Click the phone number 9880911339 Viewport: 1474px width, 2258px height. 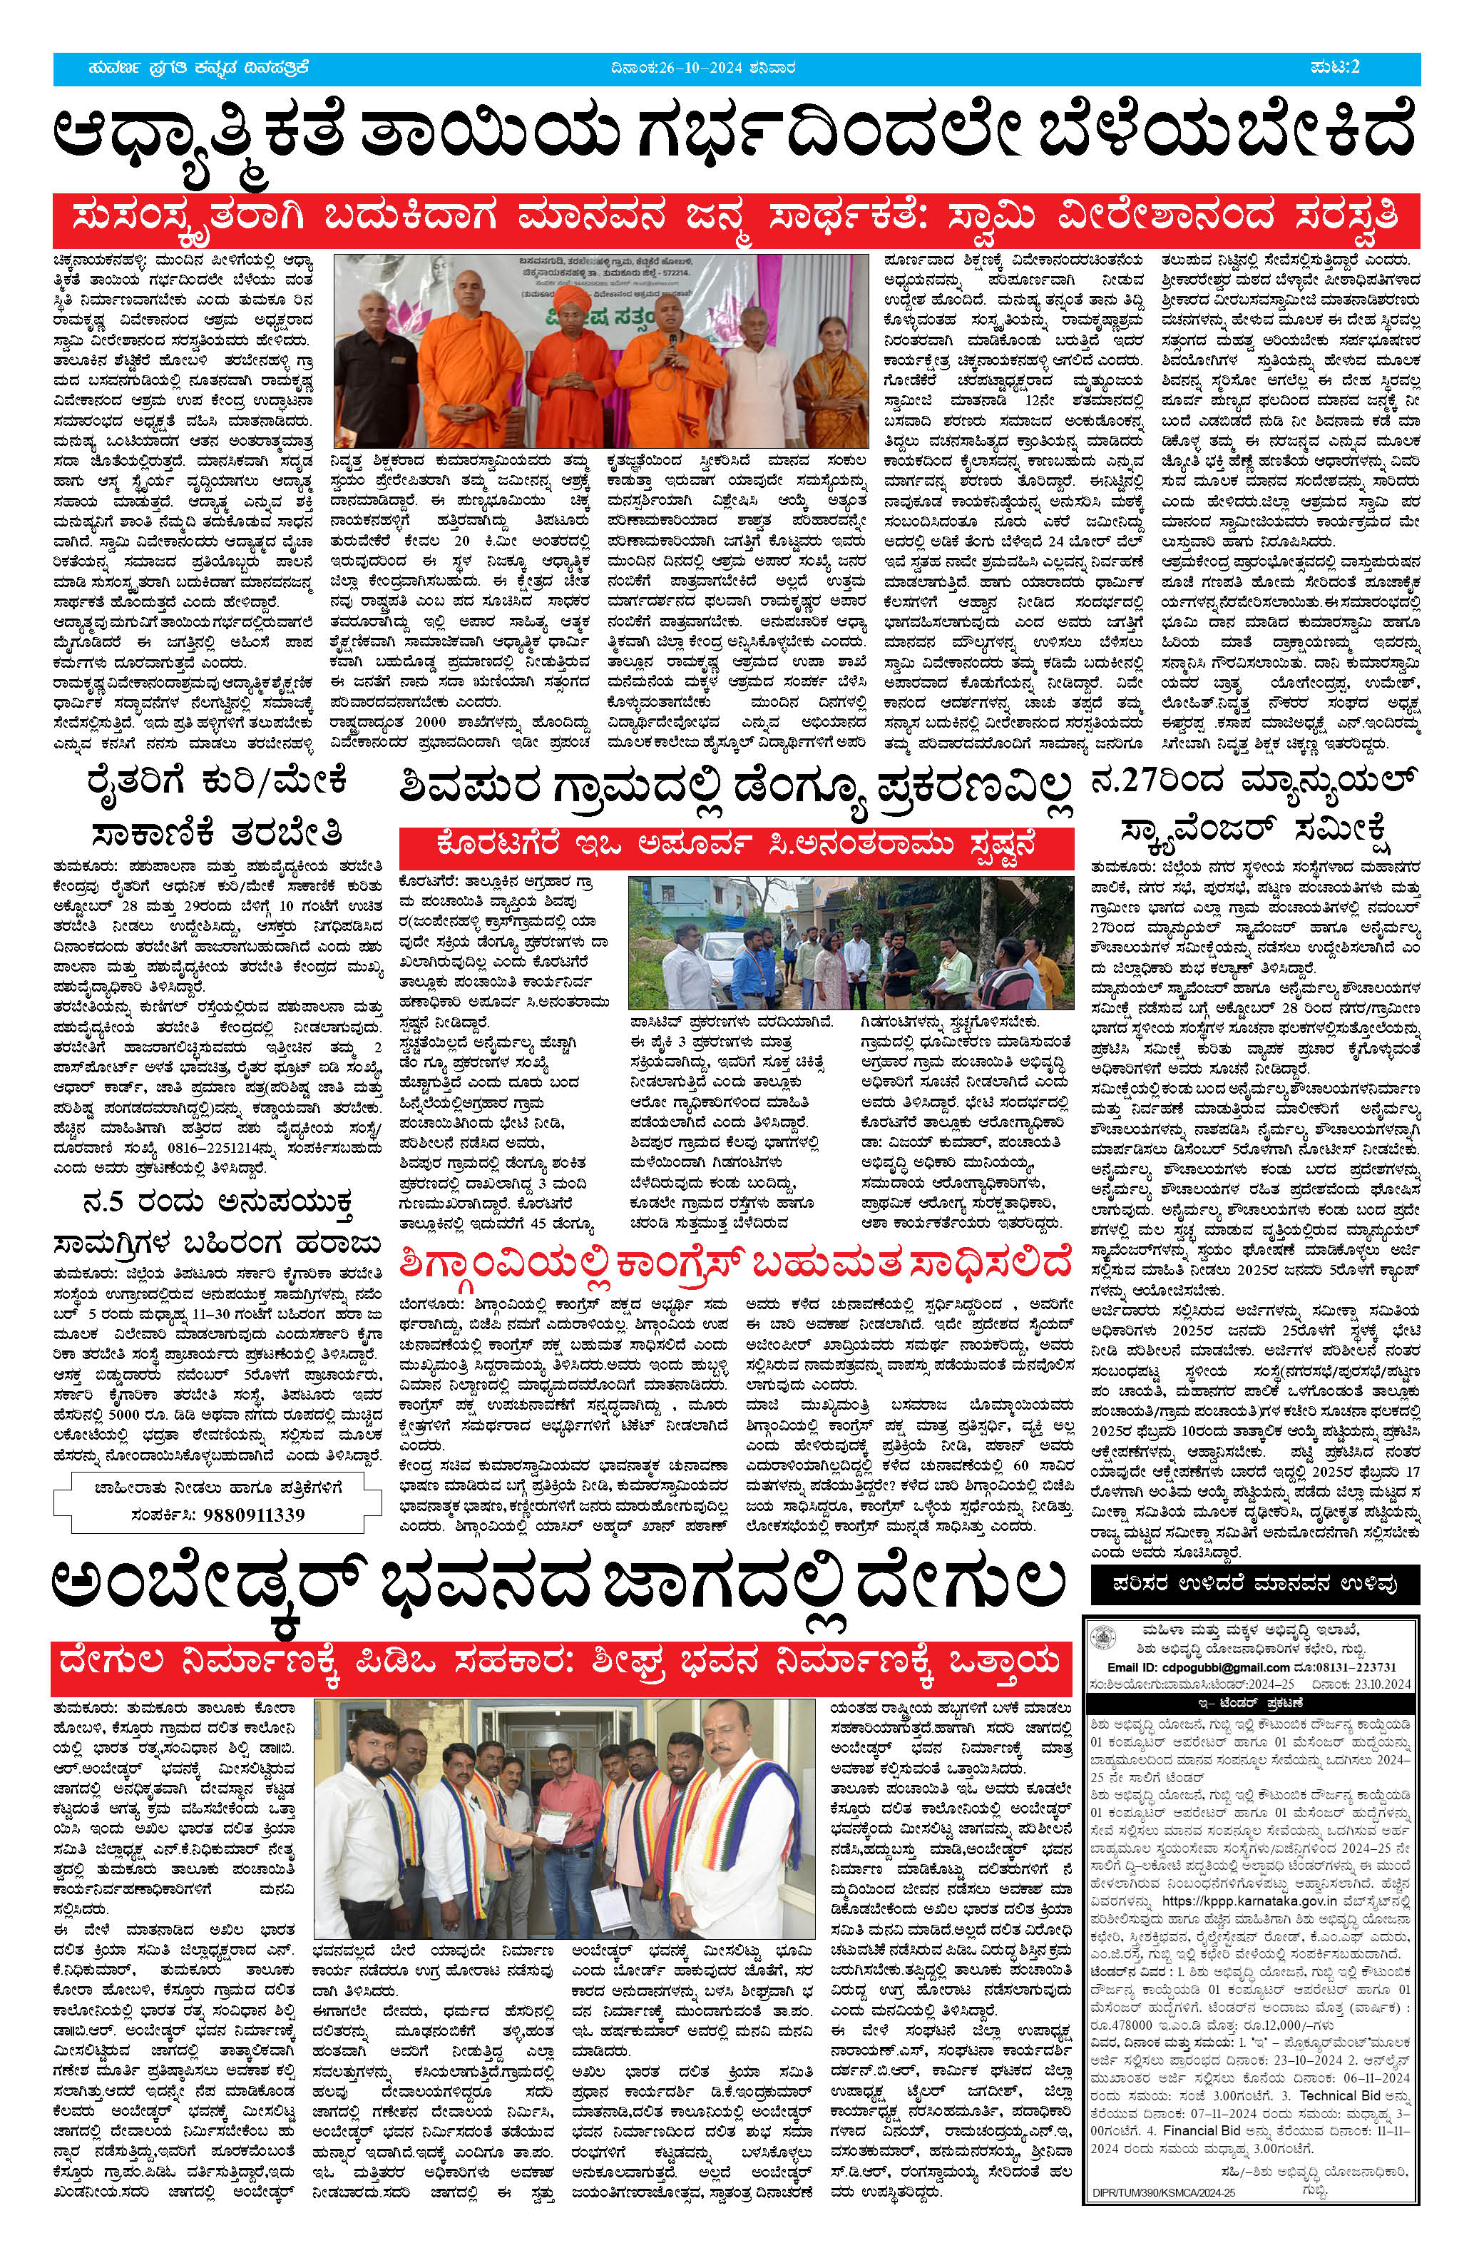(254, 1513)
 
